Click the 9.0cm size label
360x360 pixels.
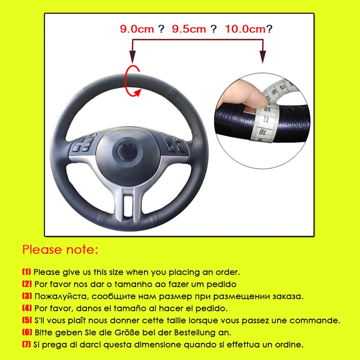(136, 29)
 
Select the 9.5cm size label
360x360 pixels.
(189, 29)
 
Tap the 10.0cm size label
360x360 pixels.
(245, 29)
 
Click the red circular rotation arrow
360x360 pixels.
(133, 81)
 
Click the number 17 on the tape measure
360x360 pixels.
(283, 83)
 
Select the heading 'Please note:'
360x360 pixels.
(60, 249)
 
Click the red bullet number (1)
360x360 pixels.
(27, 272)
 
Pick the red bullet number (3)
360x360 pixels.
(27, 297)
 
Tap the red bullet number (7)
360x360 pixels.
(27, 345)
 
